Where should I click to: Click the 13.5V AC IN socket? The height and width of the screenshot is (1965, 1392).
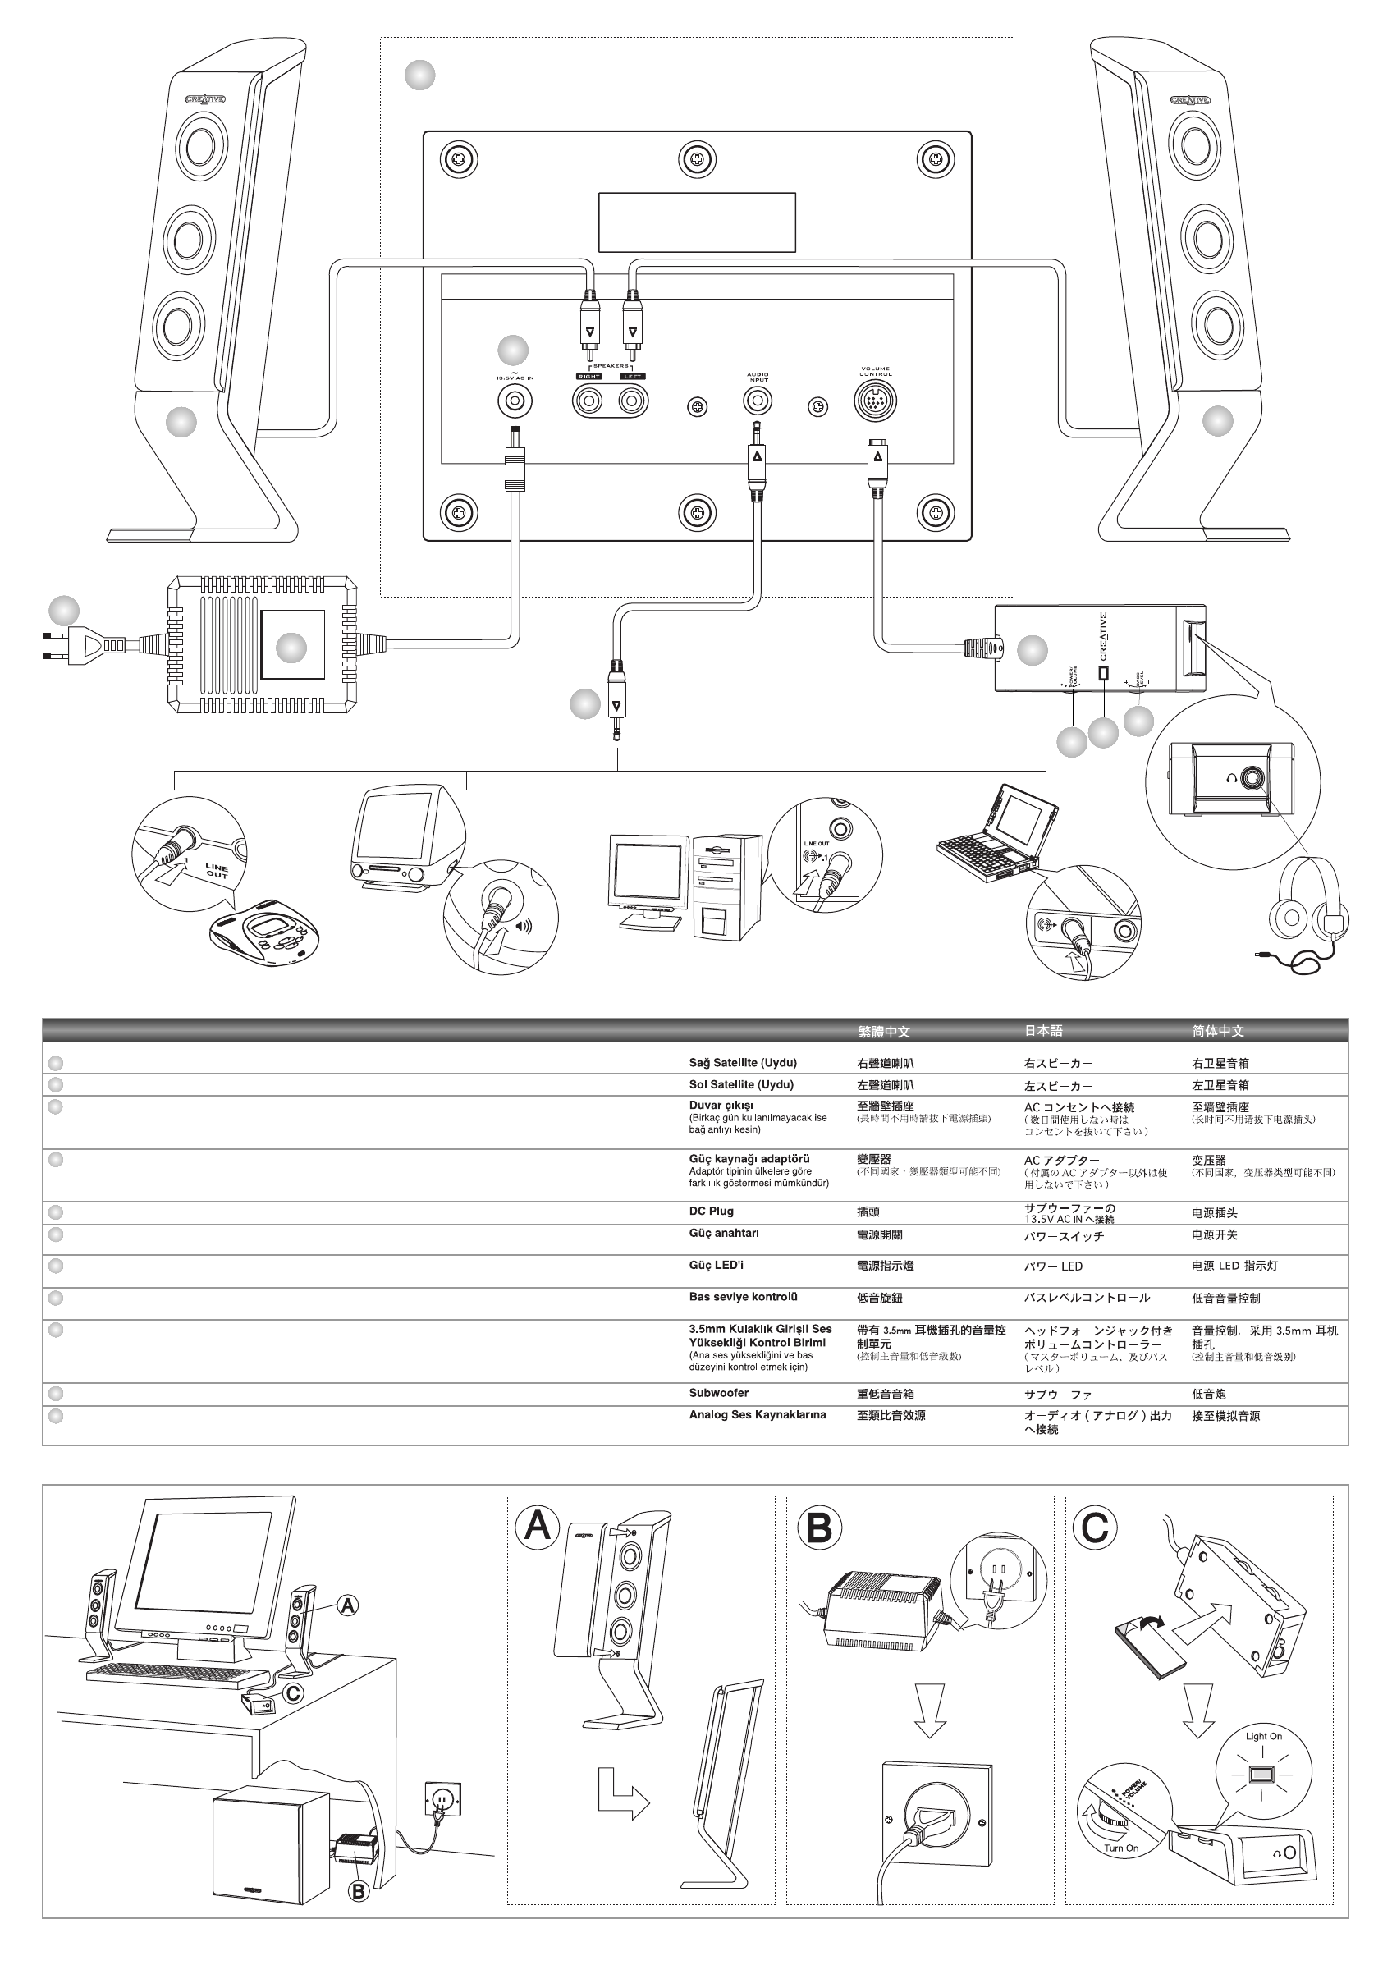[x=515, y=401]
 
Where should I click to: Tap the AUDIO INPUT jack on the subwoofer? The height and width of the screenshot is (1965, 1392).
[x=757, y=401]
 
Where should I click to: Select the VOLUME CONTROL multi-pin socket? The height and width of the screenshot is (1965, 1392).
[x=875, y=401]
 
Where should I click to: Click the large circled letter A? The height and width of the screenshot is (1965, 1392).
[x=538, y=1525]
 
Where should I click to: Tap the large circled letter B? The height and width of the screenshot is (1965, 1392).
[x=818, y=1526]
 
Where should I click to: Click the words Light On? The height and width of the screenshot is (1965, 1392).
[x=1263, y=1736]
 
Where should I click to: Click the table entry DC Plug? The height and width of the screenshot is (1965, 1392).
[x=711, y=1211]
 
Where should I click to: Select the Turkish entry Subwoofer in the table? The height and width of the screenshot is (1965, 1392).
[x=718, y=1393]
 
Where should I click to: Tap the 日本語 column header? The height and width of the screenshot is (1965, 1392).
[x=1043, y=1031]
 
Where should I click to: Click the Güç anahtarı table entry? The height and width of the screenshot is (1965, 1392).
[x=723, y=1233]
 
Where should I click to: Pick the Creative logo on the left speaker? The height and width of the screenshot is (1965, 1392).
[x=206, y=99]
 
